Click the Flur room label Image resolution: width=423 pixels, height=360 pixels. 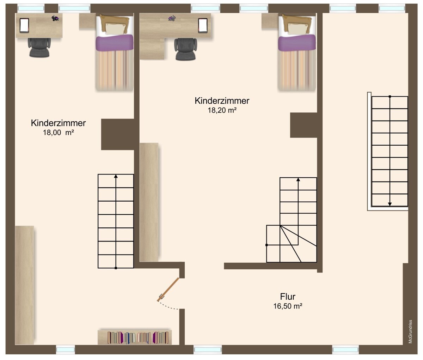coord(288,297)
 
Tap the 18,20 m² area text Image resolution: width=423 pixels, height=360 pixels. coord(222,110)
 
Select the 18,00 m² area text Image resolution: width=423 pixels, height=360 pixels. coord(58,133)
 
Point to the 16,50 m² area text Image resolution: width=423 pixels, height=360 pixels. coord(288,306)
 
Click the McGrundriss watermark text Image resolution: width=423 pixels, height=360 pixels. coord(410,332)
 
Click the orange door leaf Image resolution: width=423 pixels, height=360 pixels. coord(168,289)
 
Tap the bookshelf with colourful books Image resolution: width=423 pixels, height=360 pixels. coord(134,337)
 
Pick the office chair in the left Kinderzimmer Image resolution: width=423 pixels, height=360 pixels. coord(39,48)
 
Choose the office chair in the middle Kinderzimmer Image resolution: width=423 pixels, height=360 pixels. coord(186,49)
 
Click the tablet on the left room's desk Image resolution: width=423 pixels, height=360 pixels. coord(24,25)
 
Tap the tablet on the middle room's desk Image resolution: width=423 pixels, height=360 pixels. coord(203,25)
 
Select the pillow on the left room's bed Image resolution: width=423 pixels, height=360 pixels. coord(115,28)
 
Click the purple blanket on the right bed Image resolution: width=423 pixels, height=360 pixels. coord(297,43)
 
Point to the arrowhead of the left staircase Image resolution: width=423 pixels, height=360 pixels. coord(116,176)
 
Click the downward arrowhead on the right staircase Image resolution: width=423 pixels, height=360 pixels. coord(390,204)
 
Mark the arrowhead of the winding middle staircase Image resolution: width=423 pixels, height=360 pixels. coord(298,179)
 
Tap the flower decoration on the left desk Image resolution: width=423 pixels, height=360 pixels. coord(55,18)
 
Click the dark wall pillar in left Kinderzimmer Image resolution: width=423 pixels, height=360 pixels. coord(118,134)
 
